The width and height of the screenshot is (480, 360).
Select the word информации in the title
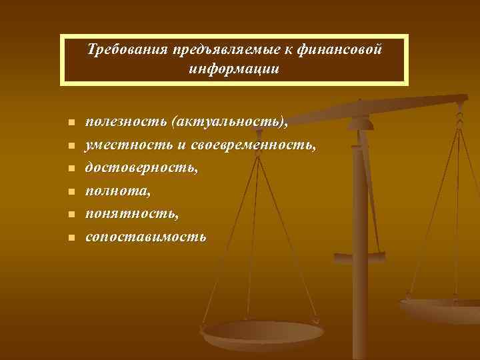coord(233,69)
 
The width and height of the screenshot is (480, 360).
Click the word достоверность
coord(141,168)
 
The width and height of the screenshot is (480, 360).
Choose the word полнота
coord(113,191)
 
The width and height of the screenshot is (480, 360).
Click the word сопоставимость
coord(146,237)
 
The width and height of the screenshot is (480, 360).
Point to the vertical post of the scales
coord(359,220)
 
